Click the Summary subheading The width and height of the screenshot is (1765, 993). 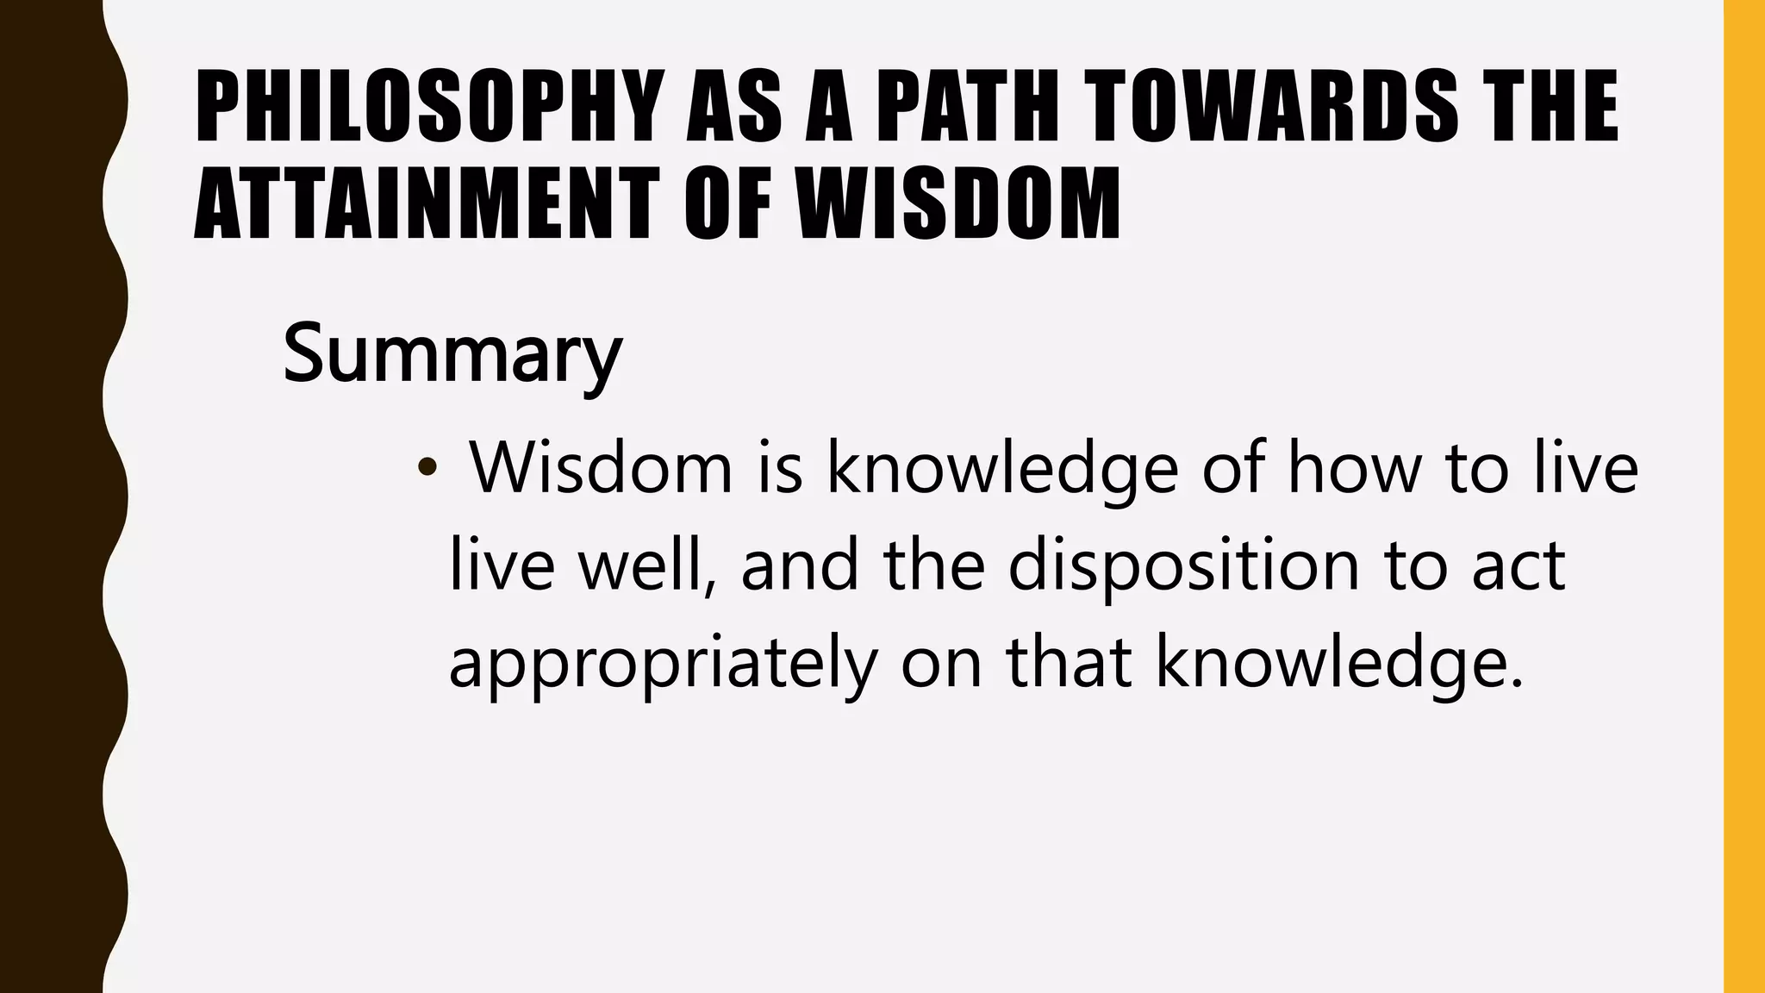(452, 352)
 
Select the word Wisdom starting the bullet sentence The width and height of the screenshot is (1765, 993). (601, 468)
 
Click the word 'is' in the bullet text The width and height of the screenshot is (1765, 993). (781, 468)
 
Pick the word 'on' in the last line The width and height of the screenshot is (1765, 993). (941, 664)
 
